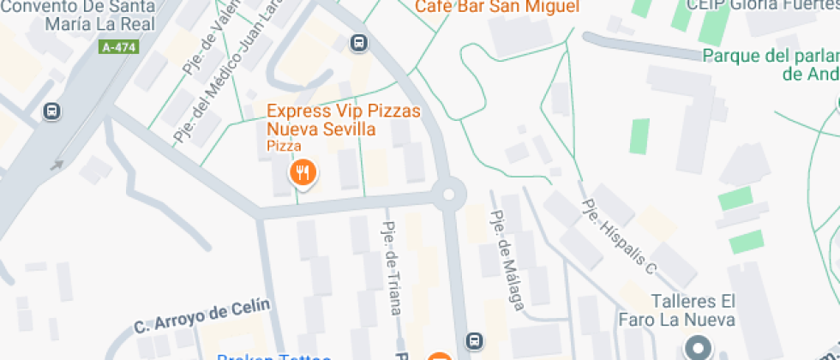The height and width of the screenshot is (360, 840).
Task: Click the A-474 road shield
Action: (119, 48)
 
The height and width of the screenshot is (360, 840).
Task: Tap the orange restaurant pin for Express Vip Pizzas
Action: (302, 175)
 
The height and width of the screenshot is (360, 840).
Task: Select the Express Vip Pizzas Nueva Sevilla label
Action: (321, 120)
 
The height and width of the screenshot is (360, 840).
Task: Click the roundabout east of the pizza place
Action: (448, 194)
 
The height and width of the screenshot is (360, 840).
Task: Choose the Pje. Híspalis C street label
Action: (619, 237)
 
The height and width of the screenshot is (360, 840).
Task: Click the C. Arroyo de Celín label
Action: (202, 316)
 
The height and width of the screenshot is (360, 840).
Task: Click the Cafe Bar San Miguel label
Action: (491, 7)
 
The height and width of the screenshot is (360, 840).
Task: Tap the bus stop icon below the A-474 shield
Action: (52, 111)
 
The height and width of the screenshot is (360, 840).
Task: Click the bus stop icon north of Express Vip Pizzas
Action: (359, 42)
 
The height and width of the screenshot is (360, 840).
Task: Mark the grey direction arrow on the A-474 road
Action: (57, 165)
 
